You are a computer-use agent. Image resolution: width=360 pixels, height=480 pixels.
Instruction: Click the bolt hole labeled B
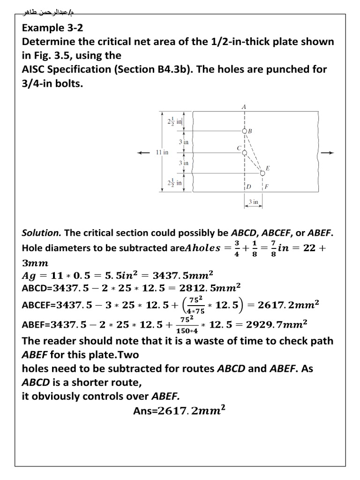(x=244, y=131)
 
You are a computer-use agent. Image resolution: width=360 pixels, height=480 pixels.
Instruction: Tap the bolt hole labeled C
(x=244, y=152)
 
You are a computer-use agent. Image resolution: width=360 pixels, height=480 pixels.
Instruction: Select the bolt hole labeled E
(x=262, y=173)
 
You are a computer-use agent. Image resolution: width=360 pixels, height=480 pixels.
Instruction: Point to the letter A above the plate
(x=244, y=107)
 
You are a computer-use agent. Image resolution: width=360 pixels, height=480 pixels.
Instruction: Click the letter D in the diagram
(x=249, y=187)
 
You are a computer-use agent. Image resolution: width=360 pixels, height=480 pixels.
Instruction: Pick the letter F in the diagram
(x=267, y=187)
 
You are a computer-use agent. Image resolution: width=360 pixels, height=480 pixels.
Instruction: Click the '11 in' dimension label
(x=162, y=153)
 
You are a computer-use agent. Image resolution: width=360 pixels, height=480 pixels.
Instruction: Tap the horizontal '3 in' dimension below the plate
(x=253, y=202)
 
